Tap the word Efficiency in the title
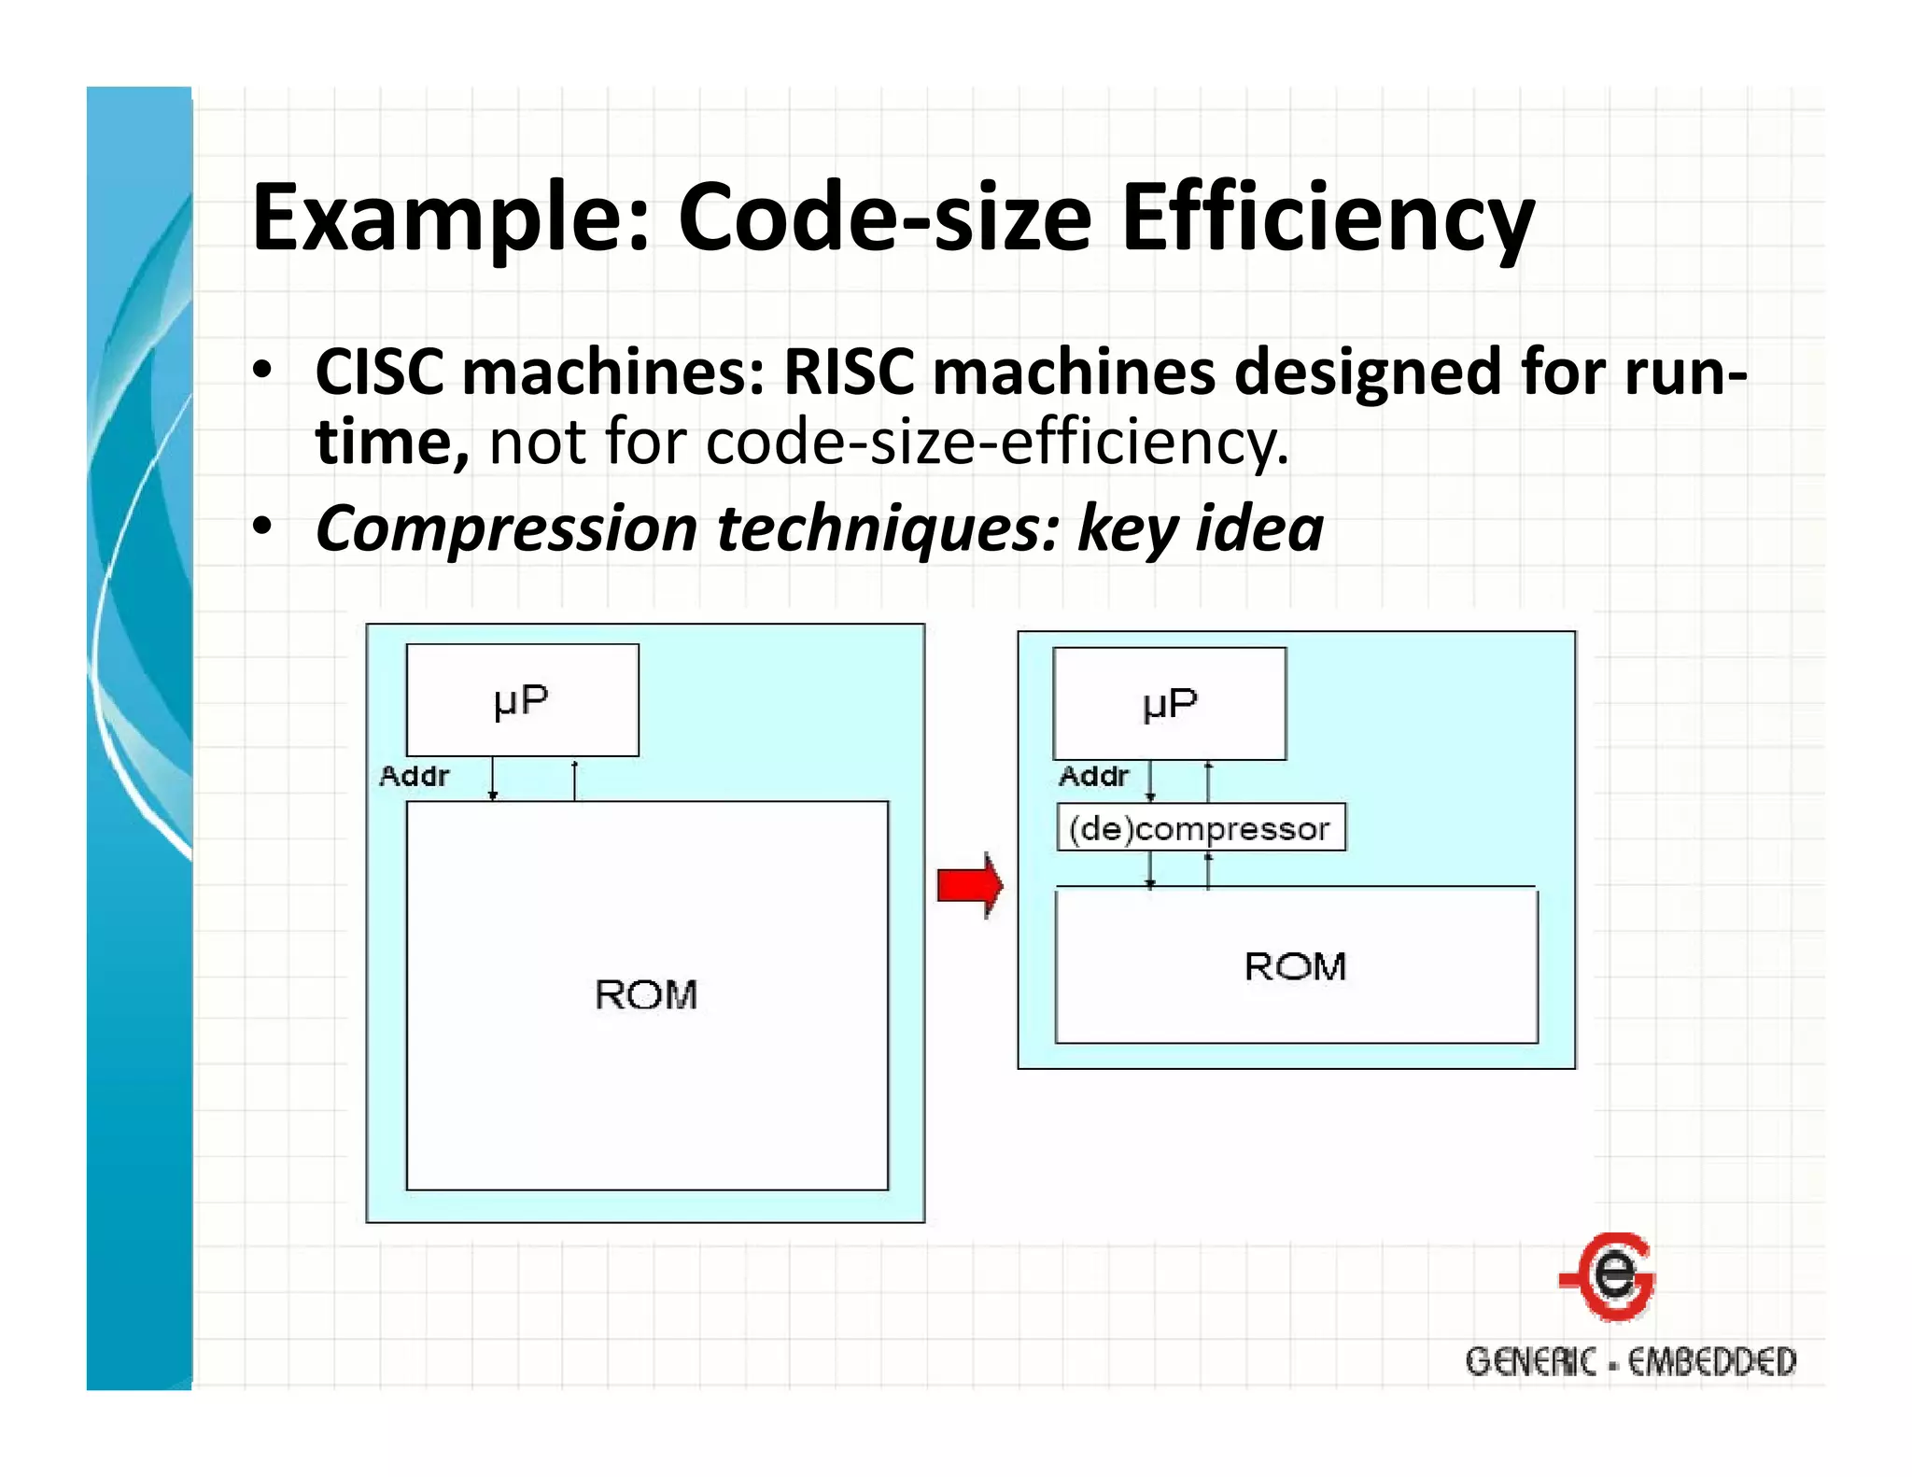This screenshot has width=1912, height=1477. click(x=1327, y=218)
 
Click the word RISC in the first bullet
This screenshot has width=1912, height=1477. click(x=849, y=373)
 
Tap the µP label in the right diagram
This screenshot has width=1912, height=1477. click(x=1169, y=704)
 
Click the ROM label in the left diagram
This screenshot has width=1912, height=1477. click(x=646, y=995)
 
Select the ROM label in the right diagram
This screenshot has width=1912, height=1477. click(x=1295, y=967)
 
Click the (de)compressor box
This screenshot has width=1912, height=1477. click(x=1201, y=828)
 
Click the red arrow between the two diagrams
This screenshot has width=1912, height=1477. click(x=970, y=885)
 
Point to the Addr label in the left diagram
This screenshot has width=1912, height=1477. click(x=414, y=776)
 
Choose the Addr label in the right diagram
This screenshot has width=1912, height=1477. click(x=1093, y=776)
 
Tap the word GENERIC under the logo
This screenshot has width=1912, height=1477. click(x=1530, y=1362)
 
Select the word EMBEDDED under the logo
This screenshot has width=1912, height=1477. click(x=1711, y=1362)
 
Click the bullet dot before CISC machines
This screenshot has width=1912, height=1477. click(x=263, y=371)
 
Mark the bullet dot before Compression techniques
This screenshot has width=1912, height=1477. click(x=263, y=527)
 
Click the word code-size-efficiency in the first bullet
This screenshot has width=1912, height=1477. click(x=997, y=443)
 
